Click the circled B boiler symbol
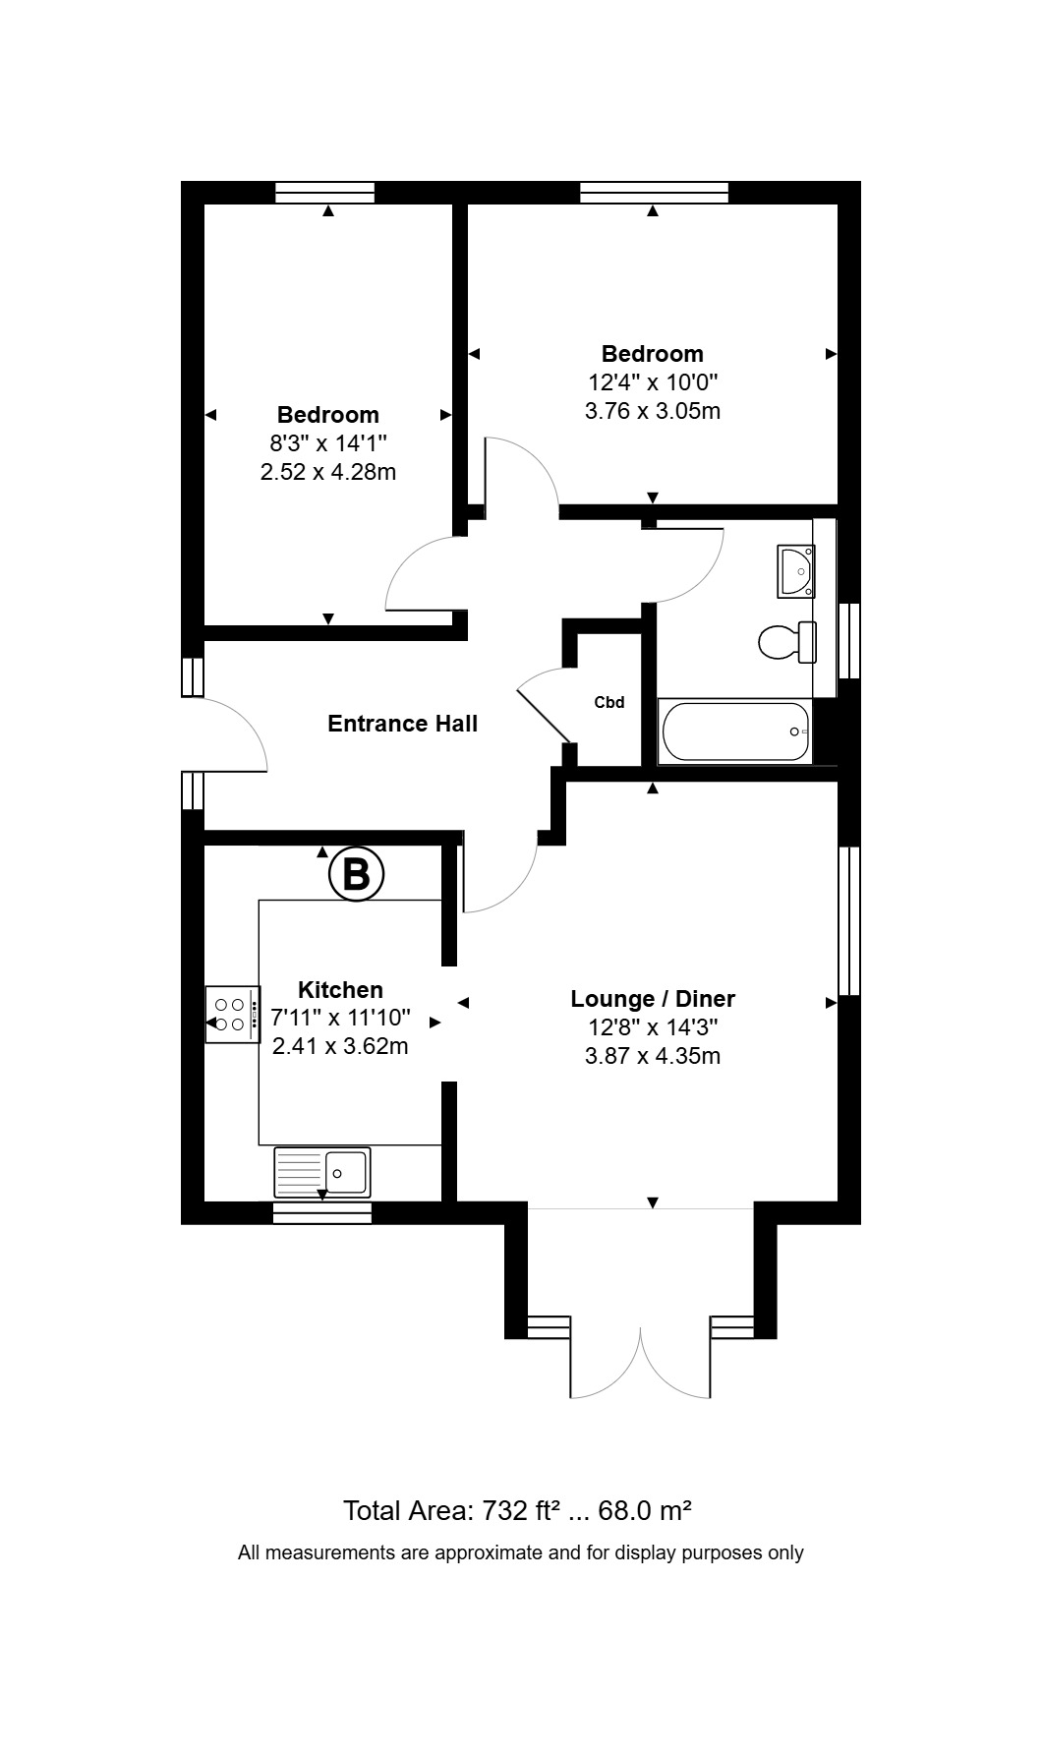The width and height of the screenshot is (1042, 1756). point(355,873)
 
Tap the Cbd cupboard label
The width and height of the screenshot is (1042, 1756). point(609,703)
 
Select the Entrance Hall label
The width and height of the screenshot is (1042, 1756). point(402,724)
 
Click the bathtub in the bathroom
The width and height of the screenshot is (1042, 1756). point(735,732)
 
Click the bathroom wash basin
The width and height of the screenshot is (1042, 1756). point(795,571)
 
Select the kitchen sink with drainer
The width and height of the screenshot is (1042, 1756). point(322,1172)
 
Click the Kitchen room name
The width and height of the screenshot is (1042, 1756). point(340,990)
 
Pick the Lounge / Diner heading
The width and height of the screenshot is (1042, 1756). point(653,999)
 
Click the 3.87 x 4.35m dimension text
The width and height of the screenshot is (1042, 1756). point(653,1056)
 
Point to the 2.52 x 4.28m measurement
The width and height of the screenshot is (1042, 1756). point(328,472)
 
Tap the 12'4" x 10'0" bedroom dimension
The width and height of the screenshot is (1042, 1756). point(653,381)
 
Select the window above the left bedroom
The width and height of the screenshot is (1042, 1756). point(324,193)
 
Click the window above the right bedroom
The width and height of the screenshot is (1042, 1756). point(654,193)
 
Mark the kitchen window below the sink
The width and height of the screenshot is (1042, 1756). point(322,1212)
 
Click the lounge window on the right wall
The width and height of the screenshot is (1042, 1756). point(849,921)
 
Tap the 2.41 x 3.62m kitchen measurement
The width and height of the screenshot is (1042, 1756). point(340,1046)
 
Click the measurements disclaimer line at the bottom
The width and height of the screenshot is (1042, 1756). point(521,1553)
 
